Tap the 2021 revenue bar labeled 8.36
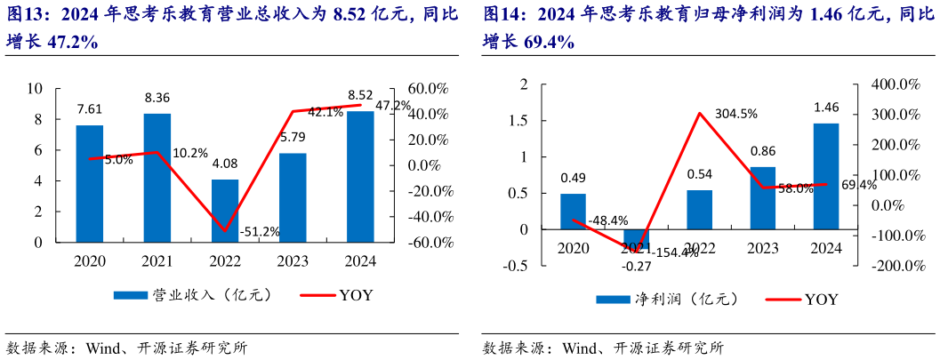point(157,177)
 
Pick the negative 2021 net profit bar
point(636,239)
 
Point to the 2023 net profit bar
point(763,197)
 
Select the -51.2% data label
point(260,232)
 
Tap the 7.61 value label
point(90,109)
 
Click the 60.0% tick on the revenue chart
point(429,89)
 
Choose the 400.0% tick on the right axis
point(895,84)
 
